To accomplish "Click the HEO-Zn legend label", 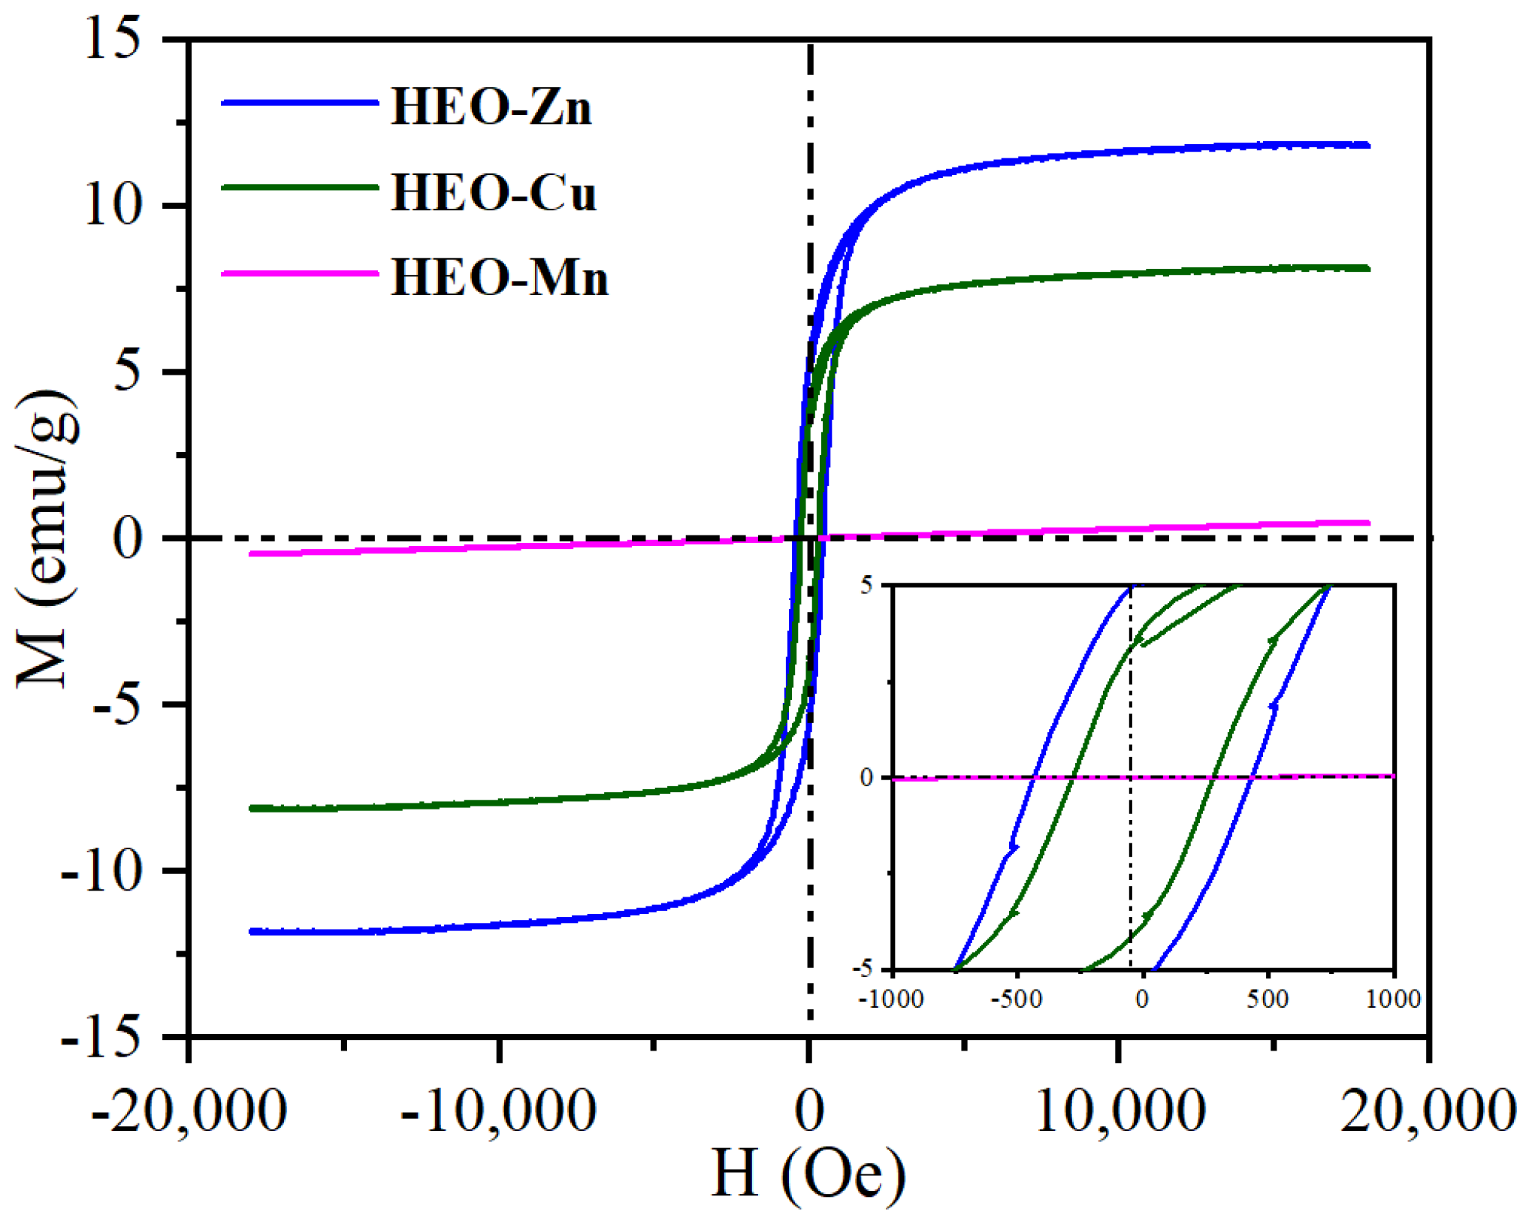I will tap(491, 107).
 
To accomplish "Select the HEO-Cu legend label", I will tap(494, 193).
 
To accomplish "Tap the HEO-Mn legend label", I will tap(500, 278).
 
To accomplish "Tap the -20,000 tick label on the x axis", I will tap(189, 1111).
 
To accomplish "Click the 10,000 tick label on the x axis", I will tap(1120, 1111).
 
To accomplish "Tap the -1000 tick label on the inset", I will tap(892, 999).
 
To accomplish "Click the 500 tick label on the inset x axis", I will tap(1268, 999).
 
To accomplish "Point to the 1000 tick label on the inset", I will tap(1395, 999).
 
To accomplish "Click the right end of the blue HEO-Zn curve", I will tap(1367, 145).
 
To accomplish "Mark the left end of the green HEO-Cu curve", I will tap(252, 809).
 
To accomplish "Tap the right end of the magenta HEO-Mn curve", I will tap(1367, 523).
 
